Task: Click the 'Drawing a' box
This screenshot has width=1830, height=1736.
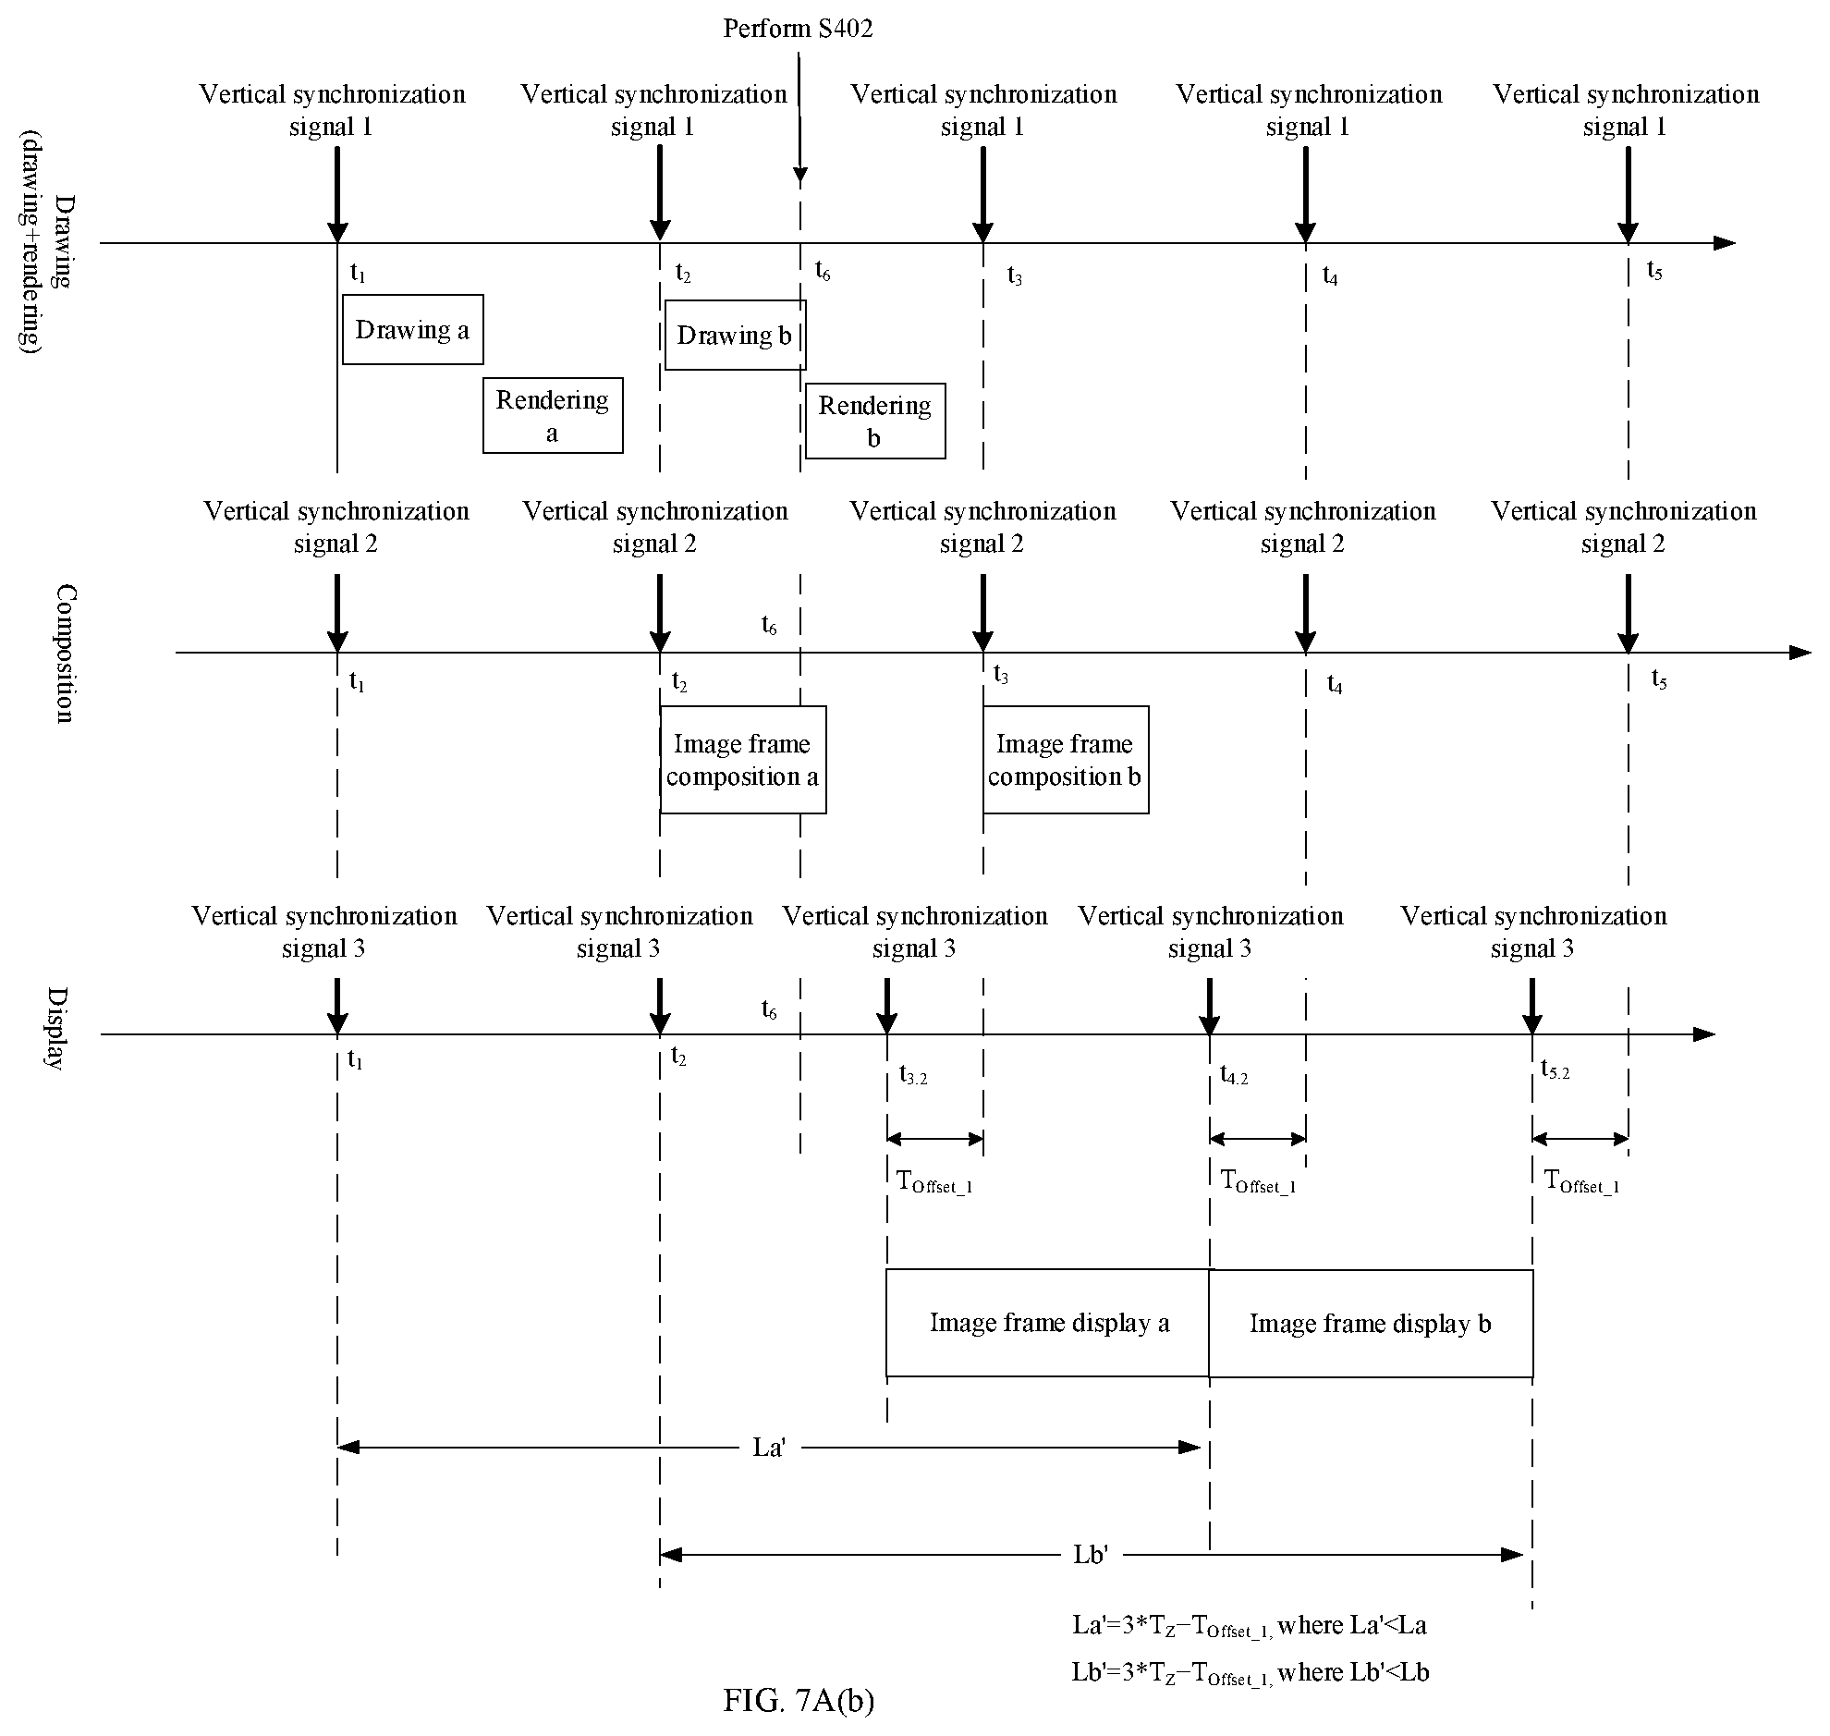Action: (x=412, y=329)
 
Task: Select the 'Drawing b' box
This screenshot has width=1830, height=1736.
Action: (x=736, y=335)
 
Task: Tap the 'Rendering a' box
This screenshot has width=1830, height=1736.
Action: (x=553, y=415)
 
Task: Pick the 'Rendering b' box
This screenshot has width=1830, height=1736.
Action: (x=875, y=421)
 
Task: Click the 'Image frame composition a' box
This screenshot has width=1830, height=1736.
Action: (x=743, y=760)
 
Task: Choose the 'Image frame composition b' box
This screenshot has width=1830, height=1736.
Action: (x=1066, y=760)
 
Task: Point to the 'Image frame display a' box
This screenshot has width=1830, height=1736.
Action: (x=1048, y=1324)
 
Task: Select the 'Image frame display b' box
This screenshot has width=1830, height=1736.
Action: (x=1371, y=1324)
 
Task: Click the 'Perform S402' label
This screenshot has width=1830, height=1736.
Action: (x=798, y=29)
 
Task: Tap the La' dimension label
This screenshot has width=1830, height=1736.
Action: (x=769, y=1447)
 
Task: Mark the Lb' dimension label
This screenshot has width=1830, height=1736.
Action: (x=1091, y=1554)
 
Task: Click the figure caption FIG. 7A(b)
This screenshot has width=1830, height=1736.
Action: (x=799, y=1699)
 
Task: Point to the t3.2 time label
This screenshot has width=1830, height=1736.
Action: (x=913, y=1075)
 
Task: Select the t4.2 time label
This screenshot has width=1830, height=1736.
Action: (x=1234, y=1075)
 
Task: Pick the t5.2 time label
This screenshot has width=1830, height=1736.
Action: (x=1555, y=1070)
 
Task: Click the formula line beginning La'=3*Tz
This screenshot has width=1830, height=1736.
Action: (x=1250, y=1625)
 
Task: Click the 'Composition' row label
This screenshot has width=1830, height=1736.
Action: (x=63, y=653)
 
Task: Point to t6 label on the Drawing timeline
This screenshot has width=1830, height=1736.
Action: (x=823, y=270)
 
